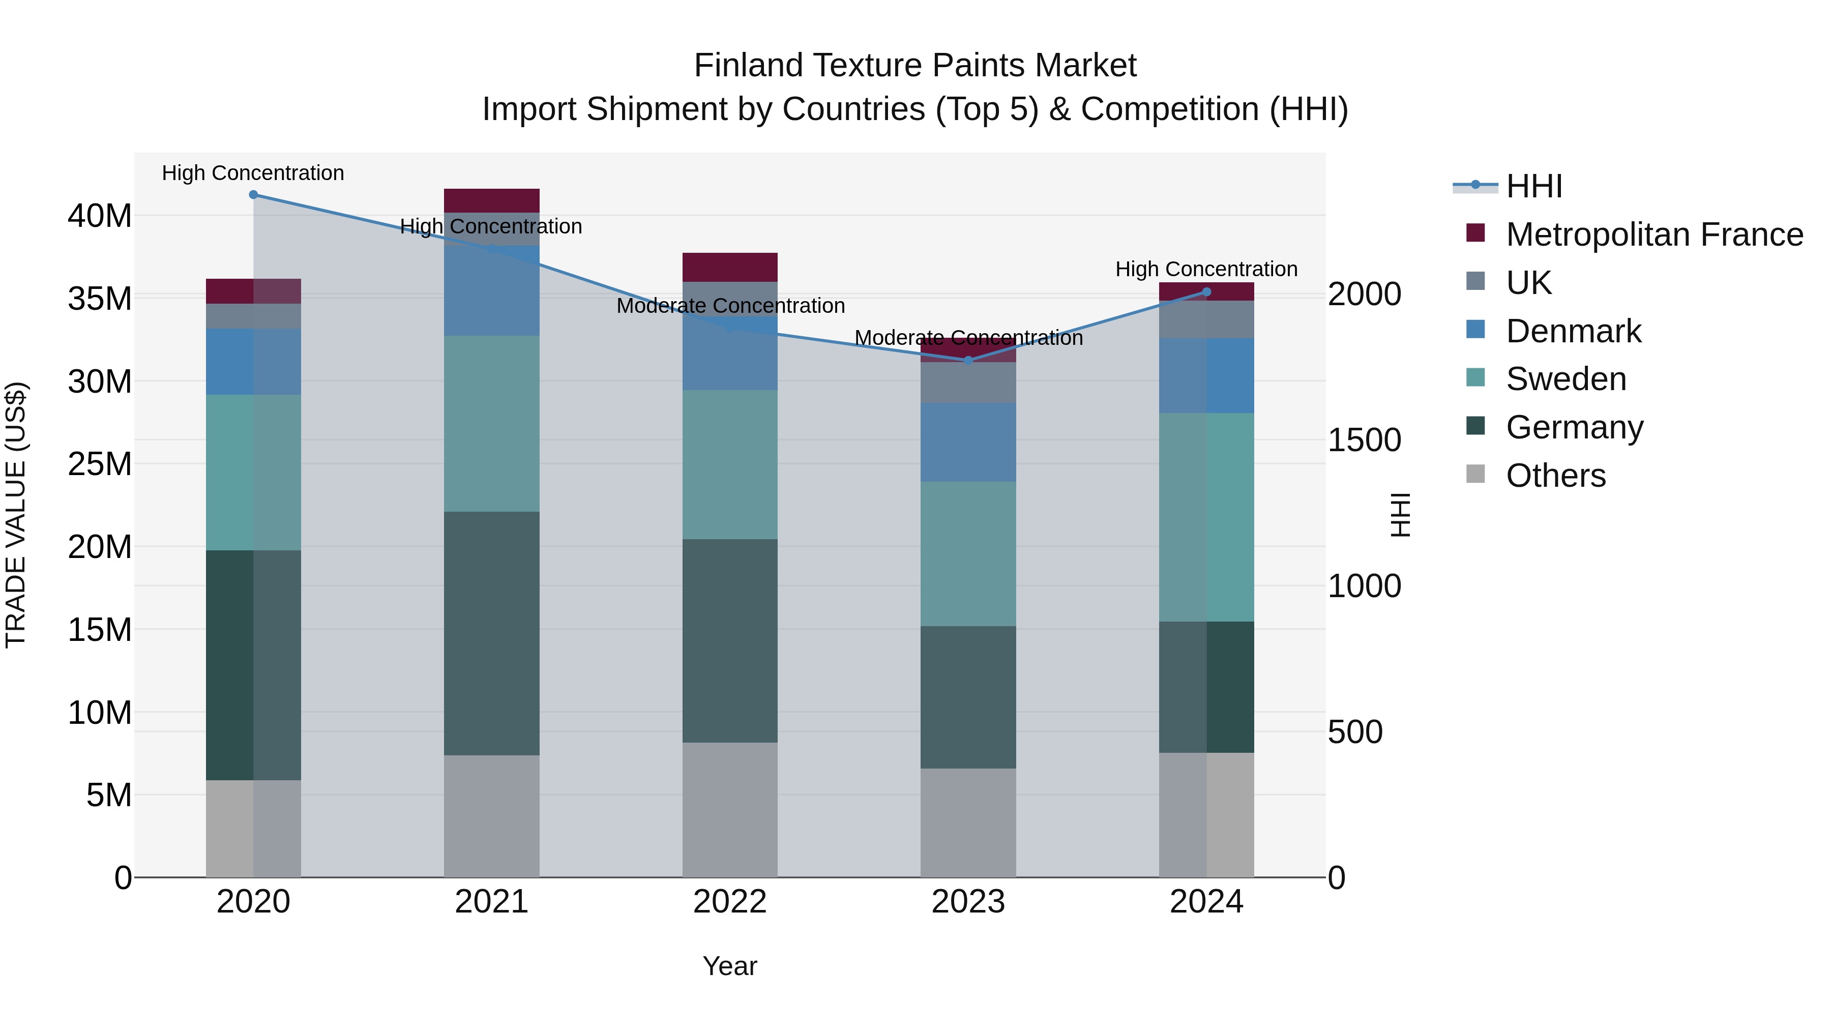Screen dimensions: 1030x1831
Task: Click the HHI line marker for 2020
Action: pos(253,195)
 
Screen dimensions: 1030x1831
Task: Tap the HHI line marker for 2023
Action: pos(968,361)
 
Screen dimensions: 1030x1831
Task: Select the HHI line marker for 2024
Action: pos(1206,292)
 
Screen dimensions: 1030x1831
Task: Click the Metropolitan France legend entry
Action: pos(1653,234)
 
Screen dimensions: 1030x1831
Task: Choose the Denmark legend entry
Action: pos(1573,331)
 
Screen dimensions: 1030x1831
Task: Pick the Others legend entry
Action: pos(1555,476)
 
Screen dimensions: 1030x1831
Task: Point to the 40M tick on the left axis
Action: pos(100,215)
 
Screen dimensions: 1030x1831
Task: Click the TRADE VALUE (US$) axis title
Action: pos(16,515)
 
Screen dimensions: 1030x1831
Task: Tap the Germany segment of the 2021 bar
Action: pos(491,633)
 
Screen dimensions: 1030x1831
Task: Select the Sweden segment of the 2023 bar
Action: pos(968,554)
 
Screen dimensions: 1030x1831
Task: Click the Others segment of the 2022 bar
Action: pos(729,810)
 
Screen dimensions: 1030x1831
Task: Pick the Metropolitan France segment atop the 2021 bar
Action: pos(491,200)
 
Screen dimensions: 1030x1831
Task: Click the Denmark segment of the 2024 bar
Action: pos(1206,375)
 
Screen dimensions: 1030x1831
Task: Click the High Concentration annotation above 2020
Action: pos(253,173)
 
